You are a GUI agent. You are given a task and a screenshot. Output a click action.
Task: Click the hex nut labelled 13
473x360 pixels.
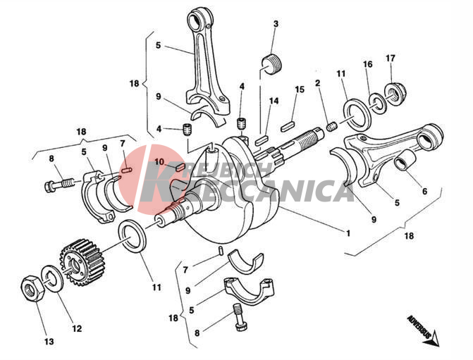[32, 288]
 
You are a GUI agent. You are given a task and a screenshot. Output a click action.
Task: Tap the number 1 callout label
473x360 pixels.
[348, 233]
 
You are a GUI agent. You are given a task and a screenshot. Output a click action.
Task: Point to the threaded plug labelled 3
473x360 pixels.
[271, 64]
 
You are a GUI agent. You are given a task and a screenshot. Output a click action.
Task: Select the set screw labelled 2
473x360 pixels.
[332, 126]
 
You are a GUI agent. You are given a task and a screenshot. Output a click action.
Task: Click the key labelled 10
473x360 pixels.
[179, 166]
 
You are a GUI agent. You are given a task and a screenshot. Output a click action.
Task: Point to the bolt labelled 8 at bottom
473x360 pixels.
[240, 317]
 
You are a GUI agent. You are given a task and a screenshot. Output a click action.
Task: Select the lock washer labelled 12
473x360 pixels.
[51, 278]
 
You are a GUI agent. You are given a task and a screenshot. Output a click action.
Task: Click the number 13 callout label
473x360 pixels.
[49, 341]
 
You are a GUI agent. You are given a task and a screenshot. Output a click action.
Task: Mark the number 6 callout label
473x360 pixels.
[424, 191]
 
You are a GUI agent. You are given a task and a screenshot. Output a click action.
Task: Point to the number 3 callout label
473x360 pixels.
[276, 24]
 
